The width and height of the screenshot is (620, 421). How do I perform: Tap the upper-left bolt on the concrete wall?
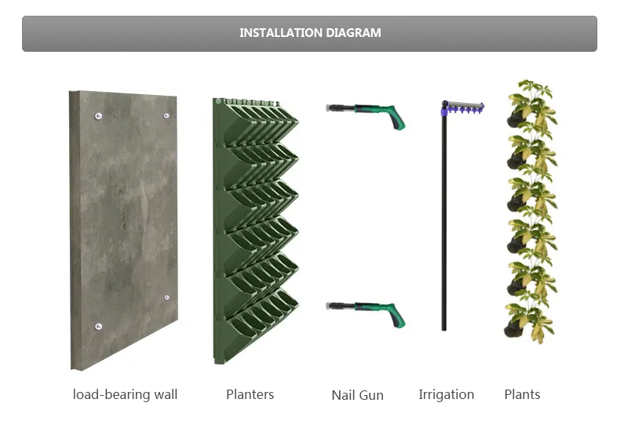(x=98, y=116)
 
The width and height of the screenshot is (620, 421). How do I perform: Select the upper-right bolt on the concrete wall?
(x=166, y=115)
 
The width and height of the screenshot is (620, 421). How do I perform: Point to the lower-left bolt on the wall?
(x=98, y=327)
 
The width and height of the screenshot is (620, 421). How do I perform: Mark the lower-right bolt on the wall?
(x=166, y=298)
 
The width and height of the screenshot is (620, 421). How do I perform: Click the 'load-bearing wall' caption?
(x=125, y=394)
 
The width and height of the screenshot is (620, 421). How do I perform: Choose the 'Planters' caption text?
(x=250, y=394)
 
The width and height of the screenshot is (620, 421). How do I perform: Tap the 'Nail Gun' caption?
(x=357, y=395)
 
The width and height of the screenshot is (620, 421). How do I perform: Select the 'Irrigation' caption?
(x=447, y=394)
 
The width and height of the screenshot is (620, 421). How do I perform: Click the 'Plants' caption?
(x=522, y=394)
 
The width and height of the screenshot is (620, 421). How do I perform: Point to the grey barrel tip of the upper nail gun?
(x=329, y=108)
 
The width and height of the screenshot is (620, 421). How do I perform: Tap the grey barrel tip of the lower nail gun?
(x=329, y=306)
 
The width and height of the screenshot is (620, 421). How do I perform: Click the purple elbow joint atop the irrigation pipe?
(x=444, y=108)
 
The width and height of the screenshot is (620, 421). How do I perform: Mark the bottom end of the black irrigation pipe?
(x=444, y=330)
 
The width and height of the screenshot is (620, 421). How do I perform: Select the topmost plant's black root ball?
(x=514, y=119)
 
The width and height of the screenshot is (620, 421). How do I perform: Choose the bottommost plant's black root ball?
(x=512, y=329)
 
